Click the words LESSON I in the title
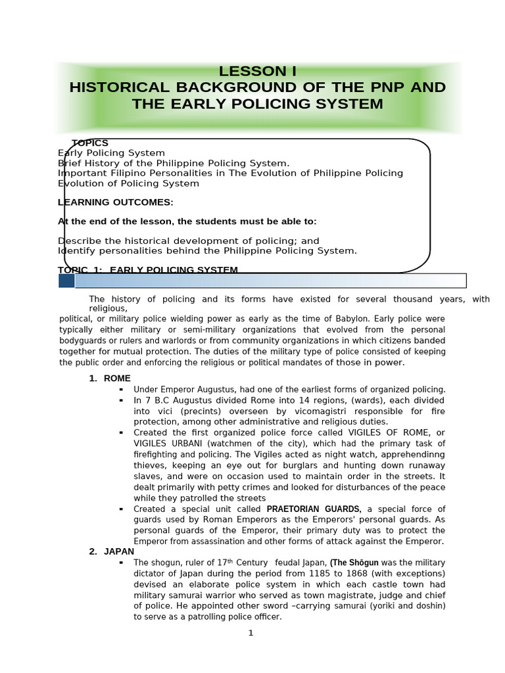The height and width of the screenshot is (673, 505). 253,72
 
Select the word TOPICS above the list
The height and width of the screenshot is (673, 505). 90,143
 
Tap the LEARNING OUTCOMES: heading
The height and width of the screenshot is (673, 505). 116,202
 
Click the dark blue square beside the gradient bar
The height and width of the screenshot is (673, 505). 66,281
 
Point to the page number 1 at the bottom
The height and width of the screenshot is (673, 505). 251,633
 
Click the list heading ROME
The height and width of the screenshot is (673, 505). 117,379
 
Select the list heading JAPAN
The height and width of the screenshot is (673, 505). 119,552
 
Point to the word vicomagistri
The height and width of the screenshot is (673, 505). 297,411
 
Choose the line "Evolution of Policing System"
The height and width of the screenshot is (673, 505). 128,183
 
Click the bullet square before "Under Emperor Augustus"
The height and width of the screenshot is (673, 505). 122,390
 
